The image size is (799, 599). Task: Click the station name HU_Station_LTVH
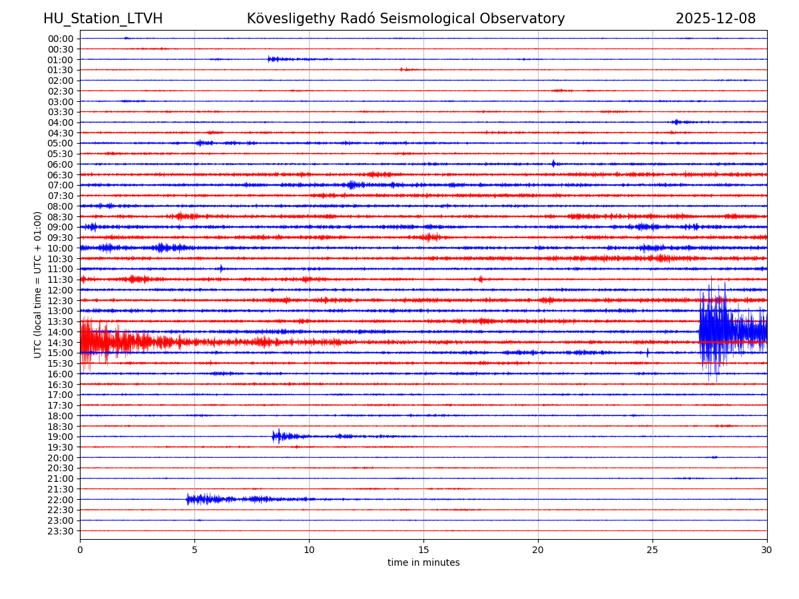pyautogui.click(x=103, y=19)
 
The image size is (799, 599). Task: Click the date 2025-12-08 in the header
pyautogui.click(x=715, y=19)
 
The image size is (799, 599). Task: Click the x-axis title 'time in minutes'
pyautogui.click(x=423, y=562)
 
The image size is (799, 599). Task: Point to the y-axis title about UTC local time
pyautogui.click(x=38, y=284)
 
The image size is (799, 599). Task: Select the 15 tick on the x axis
pyautogui.click(x=423, y=550)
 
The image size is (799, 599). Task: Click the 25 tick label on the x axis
pyautogui.click(x=653, y=550)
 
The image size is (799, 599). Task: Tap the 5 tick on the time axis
pyautogui.click(x=194, y=550)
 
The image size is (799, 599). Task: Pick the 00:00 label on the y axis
pyautogui.click(x=61, y=39)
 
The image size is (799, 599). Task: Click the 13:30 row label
pyautogui.click(x=61, y=321)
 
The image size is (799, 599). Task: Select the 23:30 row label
pyautogui.click(x=61, y=531)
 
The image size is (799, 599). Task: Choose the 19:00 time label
pyautogui.click(x=61, y=437)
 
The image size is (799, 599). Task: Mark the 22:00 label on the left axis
pyautogui.click(x=61, y=500)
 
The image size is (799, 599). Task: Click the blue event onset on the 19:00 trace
pyautogui.click(x=276, y=437)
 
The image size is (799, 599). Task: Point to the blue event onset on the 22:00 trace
pyautogui.click(x=190, y=499)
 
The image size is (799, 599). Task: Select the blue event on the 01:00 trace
pyautogui.click(x=273, y=59)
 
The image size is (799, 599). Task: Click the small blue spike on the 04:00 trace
pyautogui.click(x=676, y=122)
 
